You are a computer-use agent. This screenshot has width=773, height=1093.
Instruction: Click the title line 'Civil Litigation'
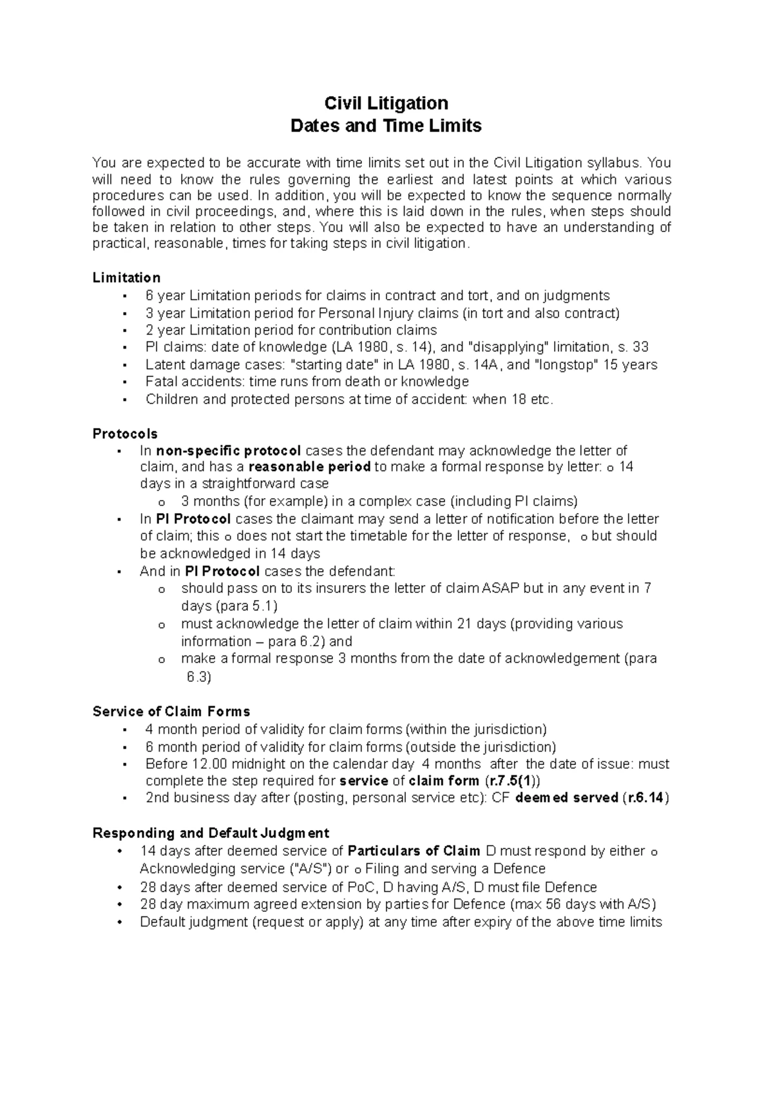pyautogui.click(x=386, y=104)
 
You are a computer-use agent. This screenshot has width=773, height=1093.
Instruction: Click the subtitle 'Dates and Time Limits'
pyautogui.click(x=386, y=126)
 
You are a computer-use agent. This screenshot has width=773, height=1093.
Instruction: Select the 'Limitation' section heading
pyautogui.click(x=126, y=278)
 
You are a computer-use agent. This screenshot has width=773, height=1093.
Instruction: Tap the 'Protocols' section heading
pyautogui.click(x=125, y=434)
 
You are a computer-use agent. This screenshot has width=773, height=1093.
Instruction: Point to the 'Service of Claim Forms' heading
pyautogui.click(x=171, y=711)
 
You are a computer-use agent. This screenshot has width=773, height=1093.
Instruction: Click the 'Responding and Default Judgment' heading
pyautogui.click(x=211, y=833)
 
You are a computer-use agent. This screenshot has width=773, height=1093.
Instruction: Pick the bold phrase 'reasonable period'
pyautogui.click(x=309, y=467)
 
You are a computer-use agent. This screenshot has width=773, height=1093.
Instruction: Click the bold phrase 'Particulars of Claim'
pyautogui.click(x=414, y=851)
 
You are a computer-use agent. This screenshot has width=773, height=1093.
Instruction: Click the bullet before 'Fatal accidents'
pyautogui.click(x=123, y=382)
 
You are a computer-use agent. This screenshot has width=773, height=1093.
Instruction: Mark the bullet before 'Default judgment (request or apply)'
pyautogui.click(x=120, y=922)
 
